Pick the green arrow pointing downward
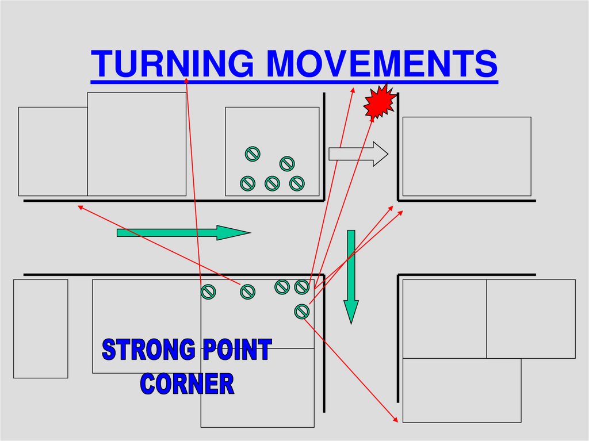point(351,276)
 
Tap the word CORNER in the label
point(188,384)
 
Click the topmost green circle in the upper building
point(253,154)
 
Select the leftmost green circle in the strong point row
point(208,292)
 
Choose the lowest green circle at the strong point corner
point(301,311)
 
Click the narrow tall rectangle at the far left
point(41,328)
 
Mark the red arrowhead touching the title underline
point(186,80)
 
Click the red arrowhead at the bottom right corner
point(396,420)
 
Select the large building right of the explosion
point(466,156)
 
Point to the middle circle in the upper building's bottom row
point(272,183)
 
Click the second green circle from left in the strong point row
point(247,292)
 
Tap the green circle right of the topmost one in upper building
point(287,164)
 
